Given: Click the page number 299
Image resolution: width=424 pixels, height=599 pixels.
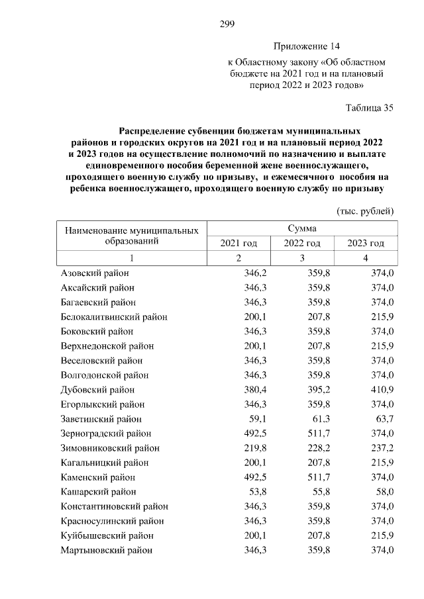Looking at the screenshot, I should (227, 25).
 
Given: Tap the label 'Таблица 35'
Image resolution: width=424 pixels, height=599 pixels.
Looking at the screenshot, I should (370, 108).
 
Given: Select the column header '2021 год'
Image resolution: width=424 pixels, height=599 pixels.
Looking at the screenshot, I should (238, 244).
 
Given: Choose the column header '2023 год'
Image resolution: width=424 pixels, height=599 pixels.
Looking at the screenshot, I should (366, 244).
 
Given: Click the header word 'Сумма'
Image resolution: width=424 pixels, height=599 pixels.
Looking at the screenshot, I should (301, 228).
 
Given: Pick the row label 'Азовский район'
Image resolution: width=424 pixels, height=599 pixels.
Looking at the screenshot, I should (95, 273).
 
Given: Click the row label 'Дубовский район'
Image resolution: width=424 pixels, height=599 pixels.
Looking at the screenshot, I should (97, 390).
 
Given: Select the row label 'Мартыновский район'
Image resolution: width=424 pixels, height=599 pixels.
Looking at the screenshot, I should (106, 550).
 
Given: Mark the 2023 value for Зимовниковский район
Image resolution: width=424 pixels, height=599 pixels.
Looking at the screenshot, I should (382, 448).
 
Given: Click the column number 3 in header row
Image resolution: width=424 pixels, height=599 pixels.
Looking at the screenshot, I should (302, 258).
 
